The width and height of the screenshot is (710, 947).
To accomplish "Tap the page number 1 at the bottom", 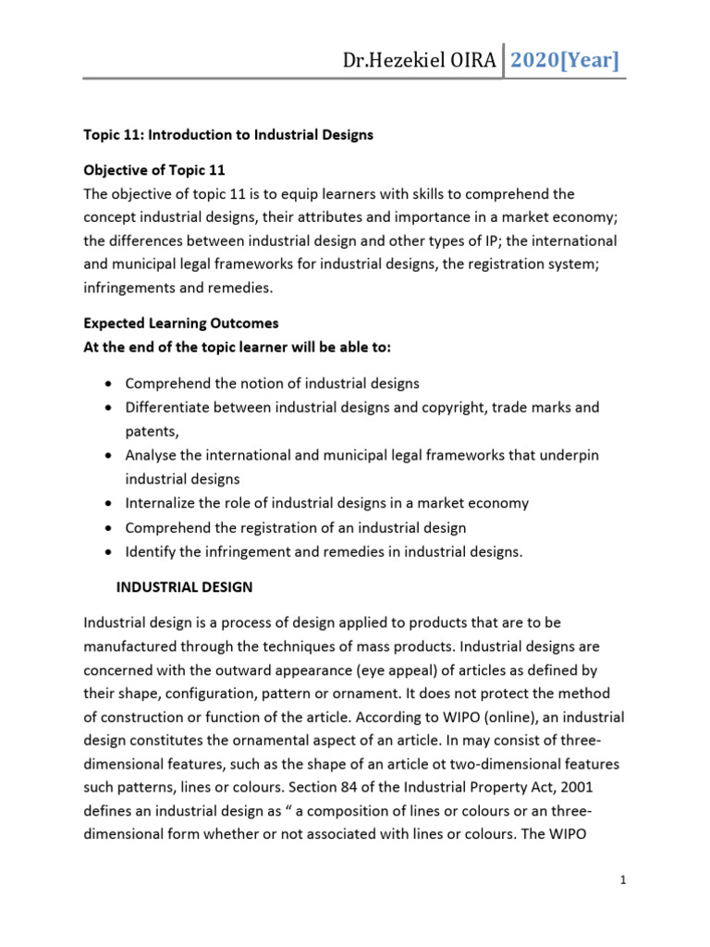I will pos(624,879).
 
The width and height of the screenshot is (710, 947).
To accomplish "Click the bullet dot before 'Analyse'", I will pos(111,456).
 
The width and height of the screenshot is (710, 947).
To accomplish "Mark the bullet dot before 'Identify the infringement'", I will pos(111,552).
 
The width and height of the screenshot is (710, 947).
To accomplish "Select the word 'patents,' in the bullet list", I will pos(152,431).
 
